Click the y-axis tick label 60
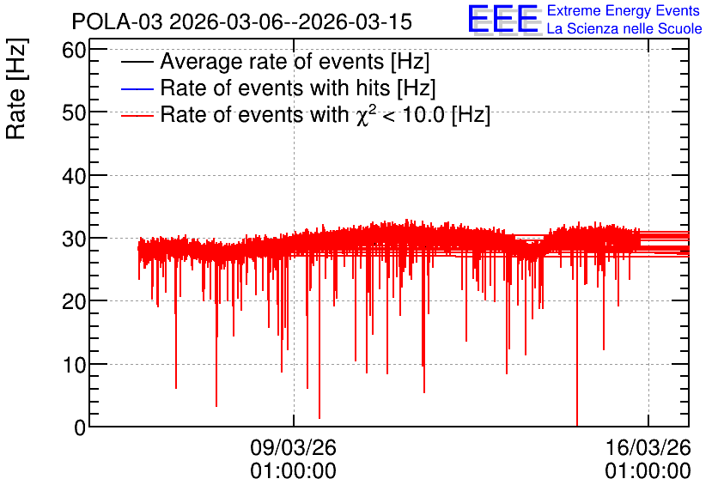click(74, 51)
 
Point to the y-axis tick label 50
click(74, 113)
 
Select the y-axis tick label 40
click(74, 176)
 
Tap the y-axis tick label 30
click(74, 239)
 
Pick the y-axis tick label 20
click(74, 301)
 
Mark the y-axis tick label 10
click(74, 365)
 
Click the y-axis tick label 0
click(80, 427)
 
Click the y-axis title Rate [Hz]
click(16, 89)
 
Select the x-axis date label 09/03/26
click(294, 447)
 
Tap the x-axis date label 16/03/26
click(648, 447)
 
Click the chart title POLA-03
click(117, 22)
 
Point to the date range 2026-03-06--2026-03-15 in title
click(291, 22)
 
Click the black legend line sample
click(137, 62)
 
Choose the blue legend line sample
click(137, 88)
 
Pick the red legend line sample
click(137, 115)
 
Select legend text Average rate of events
click(272, 62)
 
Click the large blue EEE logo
click(503, 20)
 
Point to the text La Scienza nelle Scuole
click(624, 29)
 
